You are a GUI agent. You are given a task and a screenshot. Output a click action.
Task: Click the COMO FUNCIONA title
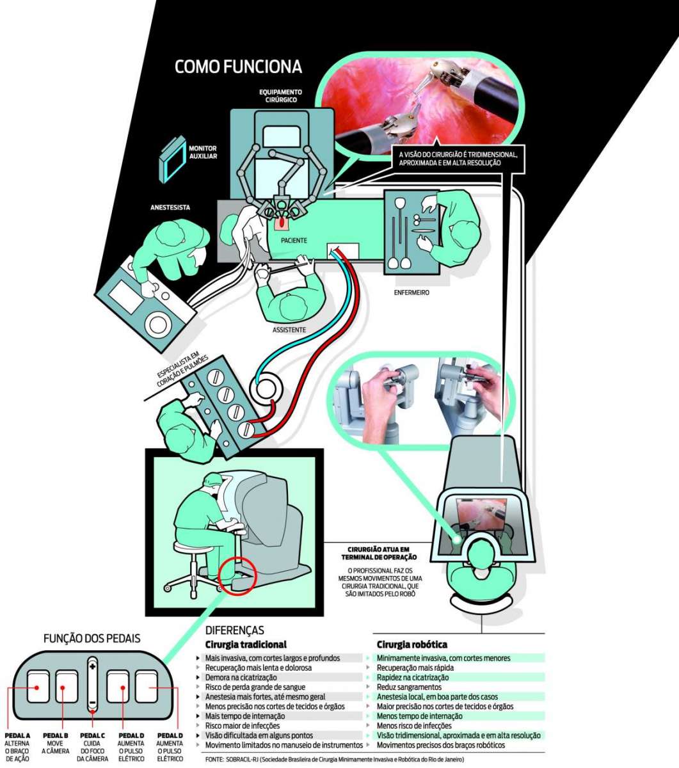(x=238, y=67)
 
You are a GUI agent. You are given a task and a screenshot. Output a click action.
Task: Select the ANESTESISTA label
(x=170, y=207)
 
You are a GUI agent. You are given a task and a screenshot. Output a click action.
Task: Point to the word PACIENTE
(x=294, y=241)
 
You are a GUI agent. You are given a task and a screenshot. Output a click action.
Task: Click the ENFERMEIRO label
(x=411, y=292)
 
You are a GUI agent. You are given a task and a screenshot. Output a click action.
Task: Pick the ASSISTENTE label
(x=289, y=330)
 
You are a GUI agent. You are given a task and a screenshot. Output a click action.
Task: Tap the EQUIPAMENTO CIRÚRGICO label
(x=281, y=96)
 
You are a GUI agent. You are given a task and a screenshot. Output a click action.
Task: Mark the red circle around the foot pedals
(x=237, y=575)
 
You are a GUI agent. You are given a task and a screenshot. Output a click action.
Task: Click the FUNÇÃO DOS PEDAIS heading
(x=91, y=638)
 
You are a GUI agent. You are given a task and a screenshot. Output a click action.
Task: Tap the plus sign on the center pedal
(x=92, y=667)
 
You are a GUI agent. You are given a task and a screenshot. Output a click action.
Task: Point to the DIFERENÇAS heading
(x=234, y=630)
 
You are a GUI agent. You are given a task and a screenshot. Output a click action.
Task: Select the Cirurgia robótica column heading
(x=411, y=644)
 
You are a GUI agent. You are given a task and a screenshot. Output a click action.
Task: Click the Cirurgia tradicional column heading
(x=245, y=644)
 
